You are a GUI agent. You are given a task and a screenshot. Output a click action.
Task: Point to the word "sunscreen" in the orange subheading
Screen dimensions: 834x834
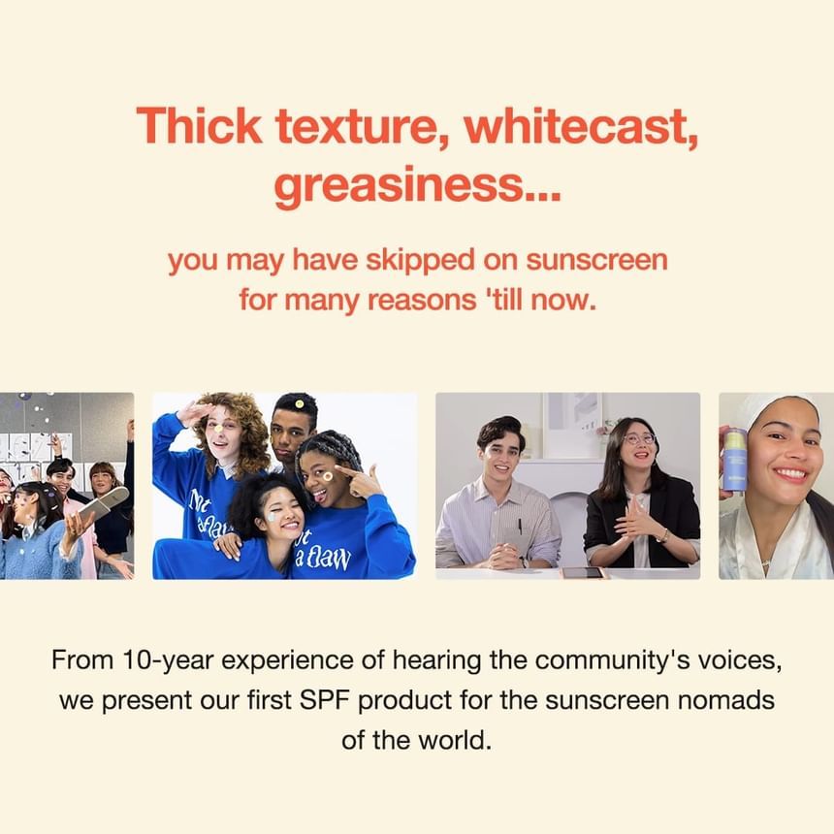pyautogui.click(x=596, y=260)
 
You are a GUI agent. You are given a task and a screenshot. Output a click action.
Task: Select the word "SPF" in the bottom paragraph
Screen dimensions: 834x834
pyautogui.click(x=325, y=700)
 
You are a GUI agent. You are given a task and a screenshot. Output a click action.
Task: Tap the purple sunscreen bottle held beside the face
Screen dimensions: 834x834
pyautogui.click(x=734, y=462)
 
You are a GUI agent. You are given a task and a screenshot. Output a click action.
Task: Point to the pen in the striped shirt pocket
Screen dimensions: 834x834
pyautogui.click(x=520, y=526)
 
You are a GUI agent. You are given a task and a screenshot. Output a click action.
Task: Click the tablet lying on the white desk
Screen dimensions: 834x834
pyautogui.click(x=583, y=573)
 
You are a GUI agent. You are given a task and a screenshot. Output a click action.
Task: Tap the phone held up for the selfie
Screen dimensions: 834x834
pyautogui.click(x=104, y=502)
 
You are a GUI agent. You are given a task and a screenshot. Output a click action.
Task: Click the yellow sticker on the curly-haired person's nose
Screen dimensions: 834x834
pyautogui.click(x=218, y=428)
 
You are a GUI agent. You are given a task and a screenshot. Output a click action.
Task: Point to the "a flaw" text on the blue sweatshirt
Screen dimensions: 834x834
pyautogui.click(x=323, y=558)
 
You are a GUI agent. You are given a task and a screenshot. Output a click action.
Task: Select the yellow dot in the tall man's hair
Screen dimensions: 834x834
pyautogui.click(x=300, y=404)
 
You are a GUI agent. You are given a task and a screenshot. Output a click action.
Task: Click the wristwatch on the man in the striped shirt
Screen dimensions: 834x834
pyautogui.click(x=524, y=561)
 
